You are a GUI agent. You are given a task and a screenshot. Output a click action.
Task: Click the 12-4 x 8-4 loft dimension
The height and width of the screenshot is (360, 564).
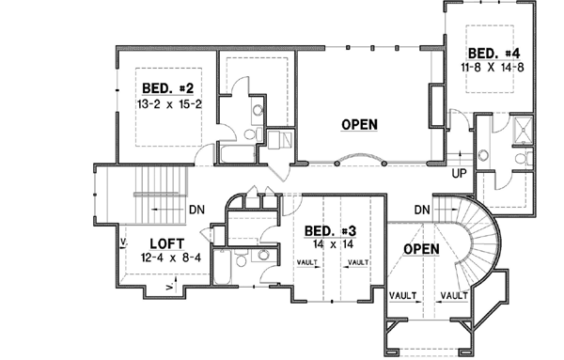[x=155, y=257]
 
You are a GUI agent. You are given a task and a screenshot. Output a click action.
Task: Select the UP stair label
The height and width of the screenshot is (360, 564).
[x=461, y=174]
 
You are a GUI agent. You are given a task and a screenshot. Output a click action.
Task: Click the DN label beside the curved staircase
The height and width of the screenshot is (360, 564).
[x=421, y=210]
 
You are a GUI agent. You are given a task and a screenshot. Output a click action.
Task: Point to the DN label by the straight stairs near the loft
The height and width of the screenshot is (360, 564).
[x=197, y=209]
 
